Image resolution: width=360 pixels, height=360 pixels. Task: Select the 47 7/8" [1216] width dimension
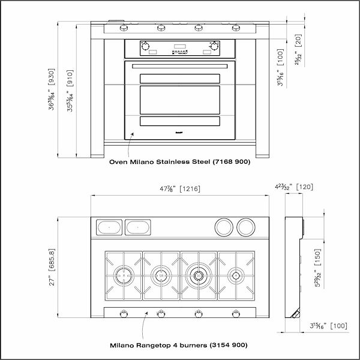(x=179, y=189)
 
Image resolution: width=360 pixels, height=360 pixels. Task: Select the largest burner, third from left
(x=198, y=276)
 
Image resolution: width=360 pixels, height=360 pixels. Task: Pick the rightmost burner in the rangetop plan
(x=236, y=276)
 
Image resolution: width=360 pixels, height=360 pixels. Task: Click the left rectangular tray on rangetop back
(x=109, y=227)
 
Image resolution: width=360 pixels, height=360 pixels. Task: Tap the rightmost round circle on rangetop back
(x=245, y=226)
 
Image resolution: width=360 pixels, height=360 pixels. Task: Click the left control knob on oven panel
(x=145, y=46)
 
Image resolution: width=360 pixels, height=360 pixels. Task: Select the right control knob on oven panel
(x=214, y=46)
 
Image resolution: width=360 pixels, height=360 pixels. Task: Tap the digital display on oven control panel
(x=179, y=46)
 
